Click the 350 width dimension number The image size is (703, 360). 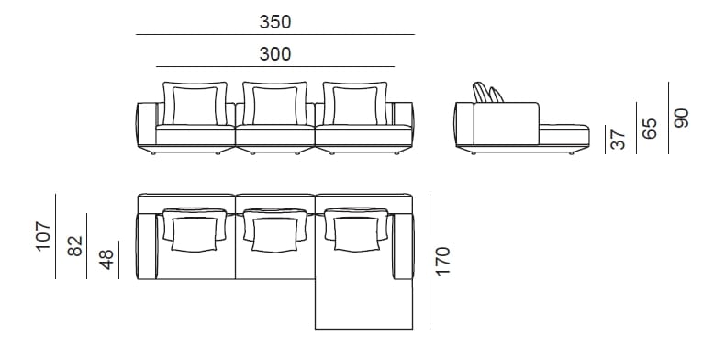274,21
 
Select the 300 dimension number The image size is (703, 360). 274,54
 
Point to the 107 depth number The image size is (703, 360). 42,237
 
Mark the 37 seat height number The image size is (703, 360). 618,140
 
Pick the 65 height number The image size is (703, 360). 650,128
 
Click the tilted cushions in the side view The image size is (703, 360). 486,94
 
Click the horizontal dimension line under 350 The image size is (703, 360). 274,35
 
